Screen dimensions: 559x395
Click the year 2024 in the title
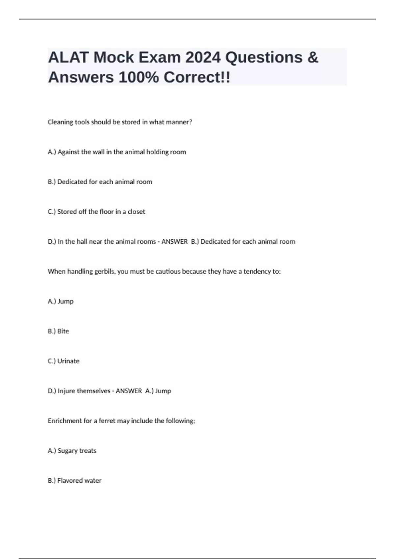coord(203,58)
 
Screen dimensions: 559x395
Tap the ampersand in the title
coord(313,58)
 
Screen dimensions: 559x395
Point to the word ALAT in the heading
coord(68,58)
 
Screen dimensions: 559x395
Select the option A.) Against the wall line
coord(117,152)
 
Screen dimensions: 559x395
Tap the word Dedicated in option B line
coord(72,182)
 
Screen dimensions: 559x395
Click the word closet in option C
coord(136,212)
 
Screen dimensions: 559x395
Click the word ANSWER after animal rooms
coord(174,242)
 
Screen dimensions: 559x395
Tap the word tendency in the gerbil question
coord(256,272)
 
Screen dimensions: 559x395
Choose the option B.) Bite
coord(58,331)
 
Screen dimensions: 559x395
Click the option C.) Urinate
coord(64,361)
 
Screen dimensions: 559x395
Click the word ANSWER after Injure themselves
coord(129,391)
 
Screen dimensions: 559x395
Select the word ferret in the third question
coord(107,421)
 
